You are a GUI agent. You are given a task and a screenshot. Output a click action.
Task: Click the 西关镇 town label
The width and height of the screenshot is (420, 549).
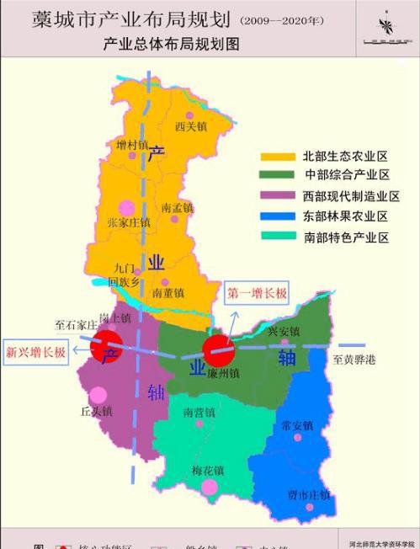coord(191,126)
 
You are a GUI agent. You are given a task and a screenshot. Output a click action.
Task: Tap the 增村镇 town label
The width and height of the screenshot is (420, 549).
coord(132,145)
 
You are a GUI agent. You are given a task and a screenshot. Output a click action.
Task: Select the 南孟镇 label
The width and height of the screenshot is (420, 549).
coord(178,207)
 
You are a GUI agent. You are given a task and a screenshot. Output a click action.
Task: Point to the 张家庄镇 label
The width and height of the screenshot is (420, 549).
coord(129,222)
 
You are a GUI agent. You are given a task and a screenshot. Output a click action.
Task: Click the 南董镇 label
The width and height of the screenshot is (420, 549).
coord(170,292)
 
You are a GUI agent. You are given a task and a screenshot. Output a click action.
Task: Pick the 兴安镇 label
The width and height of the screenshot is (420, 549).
coord(284,331)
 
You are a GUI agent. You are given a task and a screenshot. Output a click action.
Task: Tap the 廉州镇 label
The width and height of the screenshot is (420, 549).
coord(225,372)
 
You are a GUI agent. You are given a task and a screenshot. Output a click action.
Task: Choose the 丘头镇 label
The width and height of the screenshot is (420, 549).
coord(96,411)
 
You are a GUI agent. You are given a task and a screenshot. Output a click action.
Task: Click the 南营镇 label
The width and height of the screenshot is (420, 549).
coord(199,413)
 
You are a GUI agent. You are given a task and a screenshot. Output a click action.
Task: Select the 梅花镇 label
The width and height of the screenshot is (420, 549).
coord(207,470)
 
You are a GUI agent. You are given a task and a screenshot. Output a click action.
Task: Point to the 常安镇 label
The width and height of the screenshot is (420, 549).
coord(297,424)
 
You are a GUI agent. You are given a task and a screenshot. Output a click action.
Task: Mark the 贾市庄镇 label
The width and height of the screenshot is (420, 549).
coord(308,493)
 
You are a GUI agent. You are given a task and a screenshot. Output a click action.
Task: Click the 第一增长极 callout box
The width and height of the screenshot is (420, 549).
coord(257,293)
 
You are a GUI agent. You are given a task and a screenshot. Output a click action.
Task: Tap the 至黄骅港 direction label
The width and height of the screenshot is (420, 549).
coord(354,360)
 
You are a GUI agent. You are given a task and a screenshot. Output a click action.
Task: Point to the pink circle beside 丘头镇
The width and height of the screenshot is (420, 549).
coord(98,394)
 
